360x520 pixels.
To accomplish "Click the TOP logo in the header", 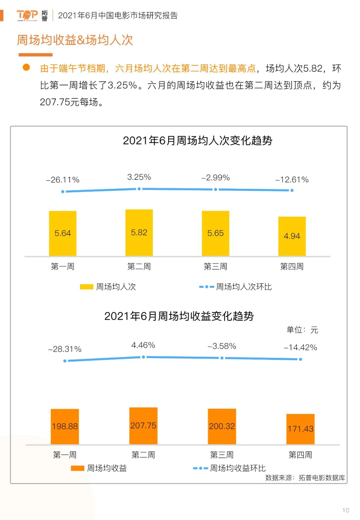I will point(27,15).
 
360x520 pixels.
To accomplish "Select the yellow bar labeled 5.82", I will point(139,232).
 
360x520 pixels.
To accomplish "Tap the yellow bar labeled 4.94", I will point(292,236).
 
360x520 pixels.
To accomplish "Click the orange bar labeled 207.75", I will point(143,426).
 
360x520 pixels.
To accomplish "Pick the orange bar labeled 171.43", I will point(300,429).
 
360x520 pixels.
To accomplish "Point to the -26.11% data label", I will point(63,180).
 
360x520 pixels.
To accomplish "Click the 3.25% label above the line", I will point(139,177).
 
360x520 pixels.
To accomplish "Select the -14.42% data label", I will point(300,348).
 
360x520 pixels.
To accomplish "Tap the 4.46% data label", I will point(143,345).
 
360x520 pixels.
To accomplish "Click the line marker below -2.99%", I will point(216,189).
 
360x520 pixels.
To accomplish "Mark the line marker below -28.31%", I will point(65,361).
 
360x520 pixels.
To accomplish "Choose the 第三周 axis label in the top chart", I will point(215,267).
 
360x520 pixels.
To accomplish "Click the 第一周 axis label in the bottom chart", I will point(65,455).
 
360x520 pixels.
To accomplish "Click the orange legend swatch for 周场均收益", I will point(77,468).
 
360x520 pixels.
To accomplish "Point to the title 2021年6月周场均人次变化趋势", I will point(197,141).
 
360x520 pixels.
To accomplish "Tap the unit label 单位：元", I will point(302,330).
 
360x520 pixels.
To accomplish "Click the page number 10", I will point(346,510).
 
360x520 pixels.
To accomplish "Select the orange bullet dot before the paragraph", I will point(26,68).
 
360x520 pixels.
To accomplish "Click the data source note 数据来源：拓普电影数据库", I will point(305,478).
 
